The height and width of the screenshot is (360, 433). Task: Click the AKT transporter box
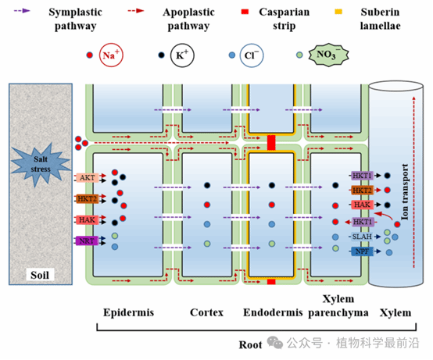[88, 178]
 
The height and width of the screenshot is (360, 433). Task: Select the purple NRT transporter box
[87, 241]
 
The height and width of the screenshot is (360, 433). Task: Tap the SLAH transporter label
[362, 237]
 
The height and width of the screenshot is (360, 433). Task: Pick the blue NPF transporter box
[362, 251]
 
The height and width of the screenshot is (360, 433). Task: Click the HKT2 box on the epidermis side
[88, 198]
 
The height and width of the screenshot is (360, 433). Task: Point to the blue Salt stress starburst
[41, 165]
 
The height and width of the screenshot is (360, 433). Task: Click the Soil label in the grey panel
[40, 275]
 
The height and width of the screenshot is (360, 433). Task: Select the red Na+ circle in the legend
[111, 55]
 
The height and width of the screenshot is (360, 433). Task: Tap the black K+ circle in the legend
[182, 55]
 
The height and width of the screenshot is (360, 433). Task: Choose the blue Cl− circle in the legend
[252, 55]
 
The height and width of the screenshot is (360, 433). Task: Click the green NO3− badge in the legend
[328, 55]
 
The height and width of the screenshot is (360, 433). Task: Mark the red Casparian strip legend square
[245, 12]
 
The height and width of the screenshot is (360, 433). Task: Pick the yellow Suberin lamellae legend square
[338, 12]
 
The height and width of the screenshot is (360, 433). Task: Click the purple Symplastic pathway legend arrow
[22, 11]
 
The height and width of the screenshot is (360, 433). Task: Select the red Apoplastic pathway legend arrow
[136, 11]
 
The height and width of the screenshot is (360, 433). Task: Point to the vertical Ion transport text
[405, 192]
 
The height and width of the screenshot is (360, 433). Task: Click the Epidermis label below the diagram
[129, 312]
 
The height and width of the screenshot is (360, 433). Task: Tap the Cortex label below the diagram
[206, 312]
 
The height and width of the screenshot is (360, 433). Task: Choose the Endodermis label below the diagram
[273, 312]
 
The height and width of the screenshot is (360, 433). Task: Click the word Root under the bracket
[250, 344]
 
